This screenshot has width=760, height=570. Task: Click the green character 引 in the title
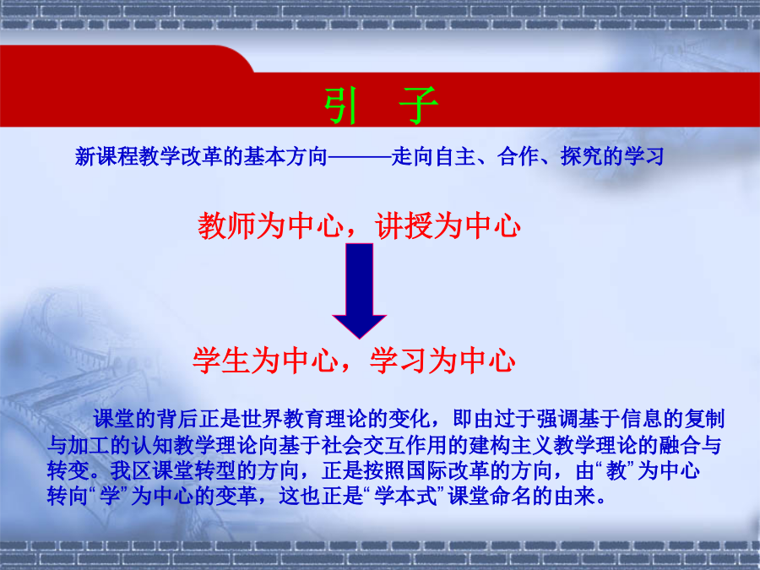pyautogui.click(x=341, y=106)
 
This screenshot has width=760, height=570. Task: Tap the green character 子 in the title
pyautogui.click(x=418, y=106)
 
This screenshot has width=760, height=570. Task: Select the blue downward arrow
pyautogui.click(x=359, y=290)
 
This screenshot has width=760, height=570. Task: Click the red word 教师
pyautogui.click(x=227, y=225)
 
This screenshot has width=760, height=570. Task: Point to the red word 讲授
pyautogui.click(x=404, y=225)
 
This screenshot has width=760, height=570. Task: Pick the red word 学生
pyautogui.click(x=221, y=361)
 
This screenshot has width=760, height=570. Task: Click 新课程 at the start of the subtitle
pyautogui.click(x=106, y=156)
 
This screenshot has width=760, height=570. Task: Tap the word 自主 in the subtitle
pyautogui.click(x=455, y=156)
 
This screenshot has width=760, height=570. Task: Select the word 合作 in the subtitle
pyautogui.click(x=518, y=156)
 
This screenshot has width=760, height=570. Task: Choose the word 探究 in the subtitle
pyautogui.click(x=581, y=156)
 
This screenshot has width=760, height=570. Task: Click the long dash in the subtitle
pyautogui.click(x=359, y=156)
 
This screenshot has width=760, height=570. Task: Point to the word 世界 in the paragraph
pyautogui.click(x=262, y=419)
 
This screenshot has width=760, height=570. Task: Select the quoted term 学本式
pyautogui.click(x=405, y=496)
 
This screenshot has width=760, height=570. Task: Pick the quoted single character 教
pyautogui.click(x=616, y=470)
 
